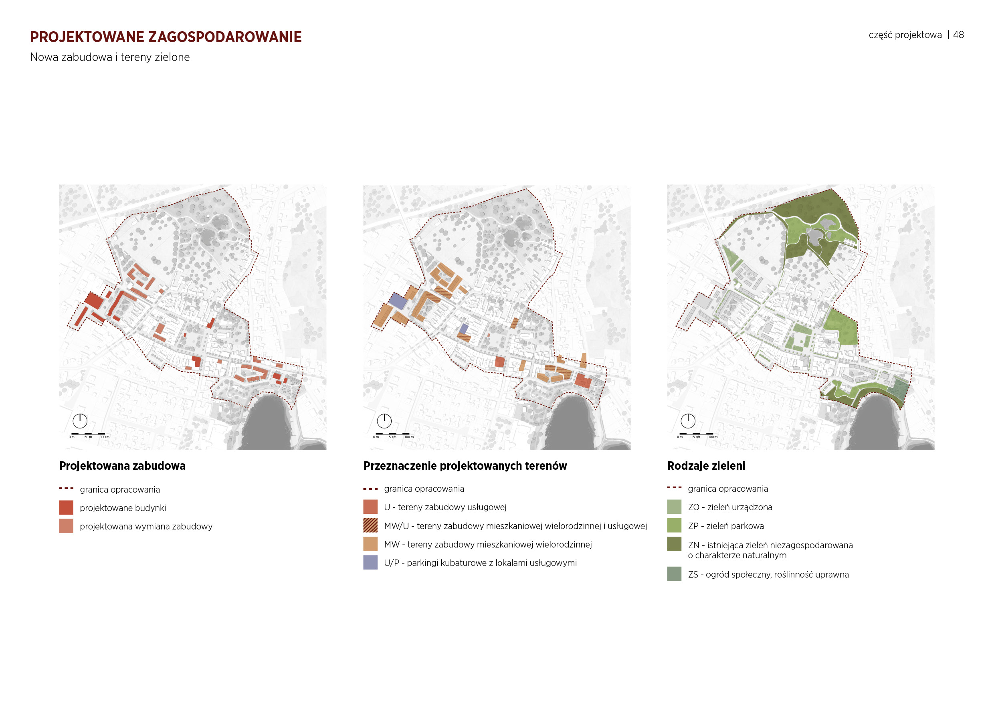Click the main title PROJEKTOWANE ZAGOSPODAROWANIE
[166, 37]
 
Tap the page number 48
[958, 35]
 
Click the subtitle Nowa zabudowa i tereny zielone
[110, 57]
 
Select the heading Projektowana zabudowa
[123, 466]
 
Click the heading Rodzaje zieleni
[706, 466]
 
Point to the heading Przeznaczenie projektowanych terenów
[465, 466]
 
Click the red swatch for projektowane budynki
[66, 507]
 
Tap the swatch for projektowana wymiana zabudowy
[66, 526]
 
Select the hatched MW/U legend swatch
[370, 525]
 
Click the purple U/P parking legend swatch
[370, 562]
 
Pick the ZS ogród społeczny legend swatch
[674, 574]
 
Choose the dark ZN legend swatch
[674, 544]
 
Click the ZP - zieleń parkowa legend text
[725, 526]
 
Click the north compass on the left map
[80, 421]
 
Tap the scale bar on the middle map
[392, 434]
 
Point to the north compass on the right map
[688, 421]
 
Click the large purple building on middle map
[398, 301]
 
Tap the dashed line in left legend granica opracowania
[66, 489]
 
